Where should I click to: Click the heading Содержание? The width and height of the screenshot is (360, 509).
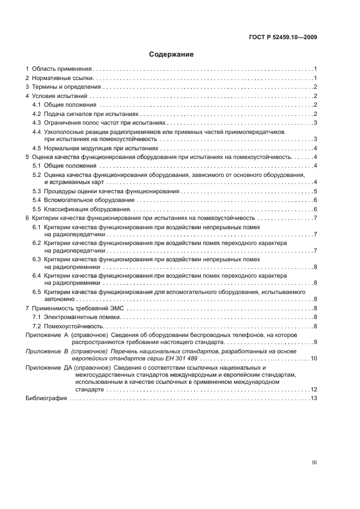tap(172, 55)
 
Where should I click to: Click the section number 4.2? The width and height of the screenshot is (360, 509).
tap(36, 114)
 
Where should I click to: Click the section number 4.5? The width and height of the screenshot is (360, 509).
tap(36, 148)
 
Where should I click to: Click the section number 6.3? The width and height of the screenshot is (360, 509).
tap(36, 260)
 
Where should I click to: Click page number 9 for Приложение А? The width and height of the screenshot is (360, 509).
tap(315, 342)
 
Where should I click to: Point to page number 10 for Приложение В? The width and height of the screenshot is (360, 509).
tap(314, 359)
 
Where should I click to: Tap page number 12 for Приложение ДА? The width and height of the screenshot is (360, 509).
tap(314, 390)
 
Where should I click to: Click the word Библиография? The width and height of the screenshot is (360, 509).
tap(46, 398)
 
